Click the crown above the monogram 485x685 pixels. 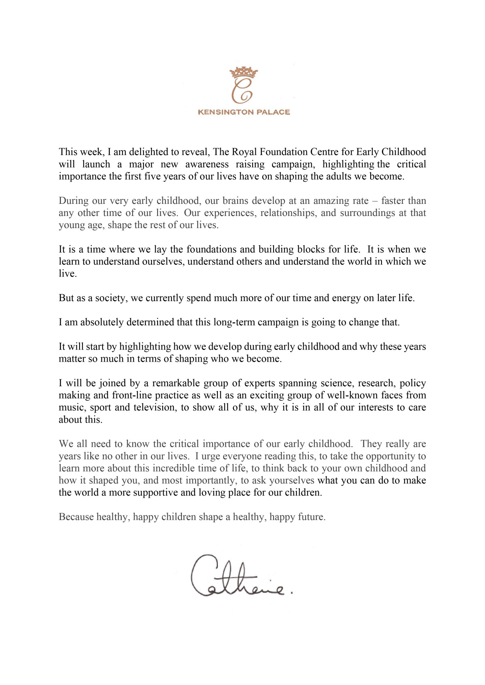pos(244,73)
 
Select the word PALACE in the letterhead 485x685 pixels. pos(274,112)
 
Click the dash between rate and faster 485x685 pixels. pos(375,201)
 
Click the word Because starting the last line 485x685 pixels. pos(76,517)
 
